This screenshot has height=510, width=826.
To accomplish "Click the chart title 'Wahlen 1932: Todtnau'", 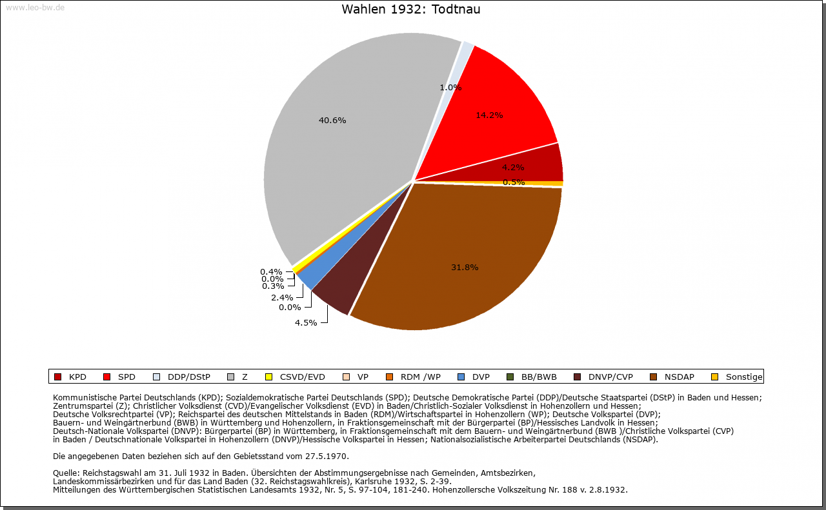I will (410, 10).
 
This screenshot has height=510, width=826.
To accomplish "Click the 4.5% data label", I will (305, 322).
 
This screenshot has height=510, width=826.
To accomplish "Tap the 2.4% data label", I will (282, 297).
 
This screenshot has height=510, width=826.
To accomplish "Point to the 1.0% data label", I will (450, 87).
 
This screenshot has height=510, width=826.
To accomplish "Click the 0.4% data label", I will (271, 271).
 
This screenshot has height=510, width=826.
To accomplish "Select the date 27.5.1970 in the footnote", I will (325, 456).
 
